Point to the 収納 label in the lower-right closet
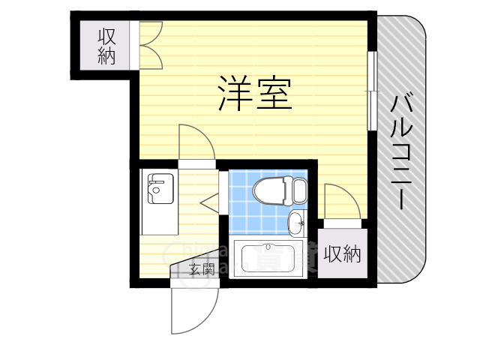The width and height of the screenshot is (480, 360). coord(342,255)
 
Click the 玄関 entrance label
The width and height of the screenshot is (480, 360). coord(202,268)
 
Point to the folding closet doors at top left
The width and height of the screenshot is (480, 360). coord(149,45)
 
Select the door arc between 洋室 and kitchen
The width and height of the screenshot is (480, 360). coord(196,142)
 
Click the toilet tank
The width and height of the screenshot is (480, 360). coord(298,190)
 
